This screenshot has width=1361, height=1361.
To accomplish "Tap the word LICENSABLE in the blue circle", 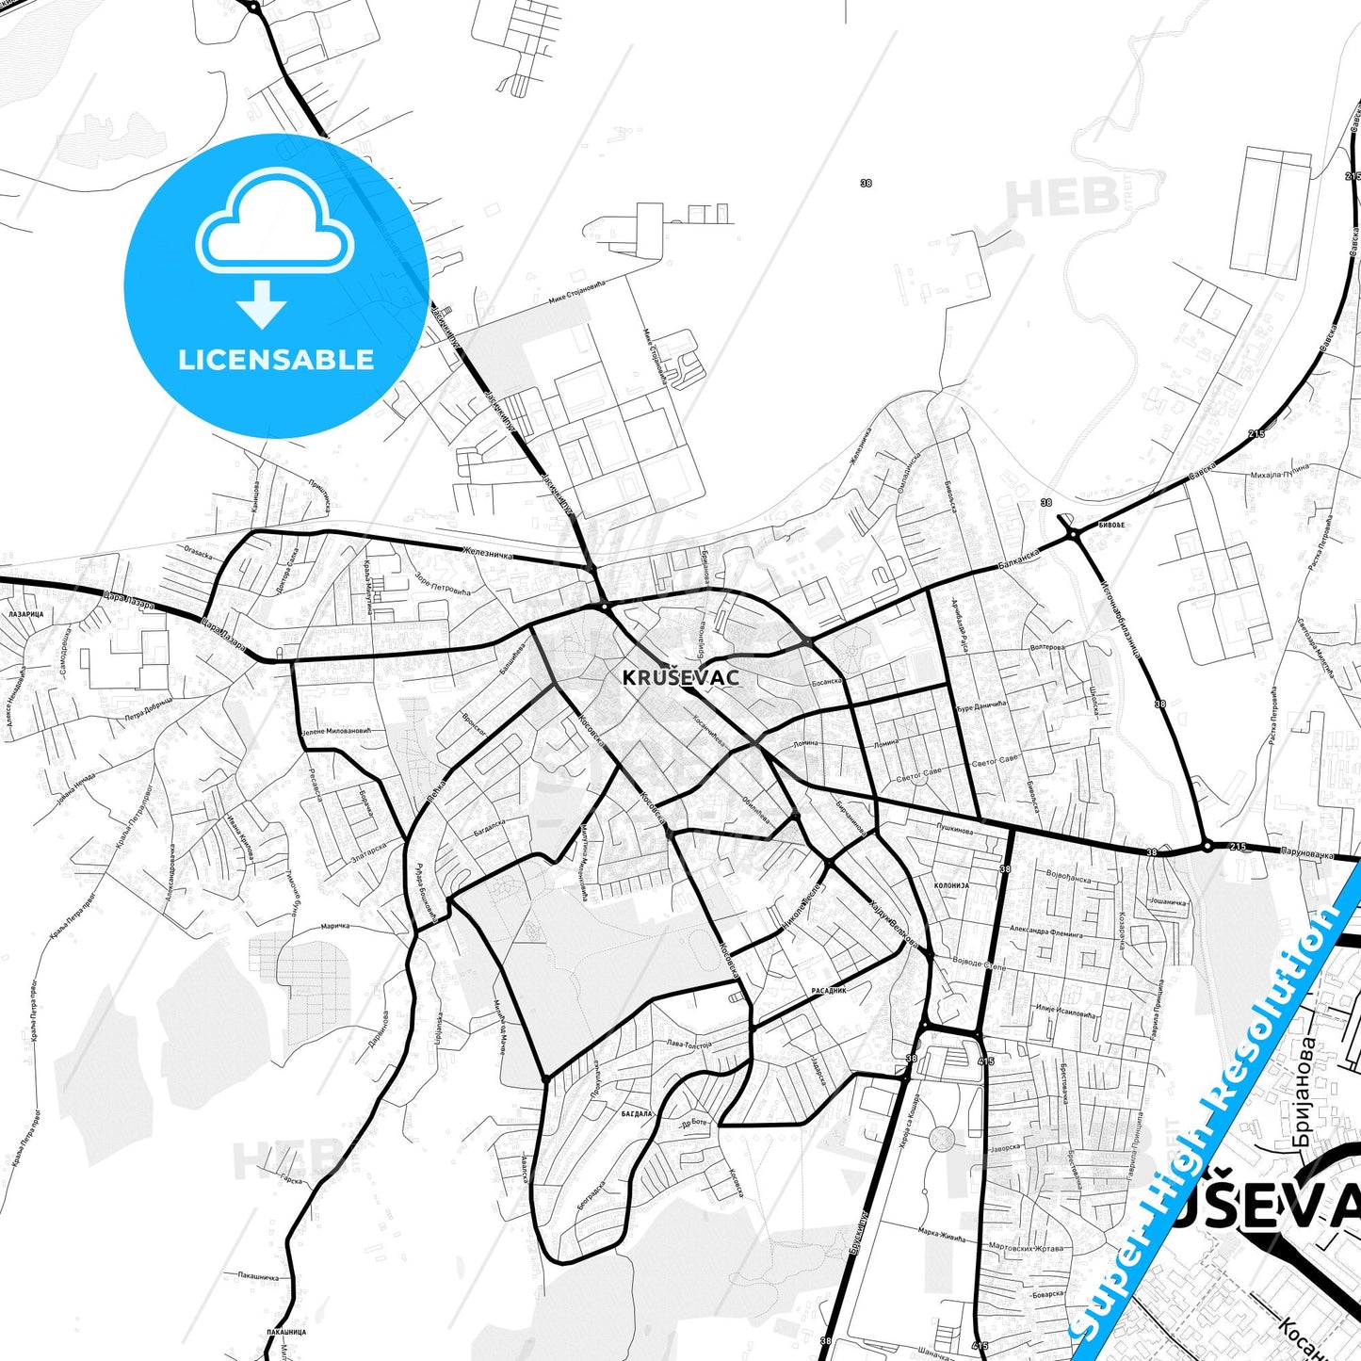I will click(276, 360).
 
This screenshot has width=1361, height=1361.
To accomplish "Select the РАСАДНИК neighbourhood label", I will click(829, 991).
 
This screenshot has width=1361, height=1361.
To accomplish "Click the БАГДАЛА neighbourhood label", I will click(637, 1113).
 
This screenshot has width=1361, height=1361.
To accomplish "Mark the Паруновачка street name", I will click(1307, 853).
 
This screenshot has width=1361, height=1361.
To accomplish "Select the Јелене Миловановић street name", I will click(336, 731).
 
